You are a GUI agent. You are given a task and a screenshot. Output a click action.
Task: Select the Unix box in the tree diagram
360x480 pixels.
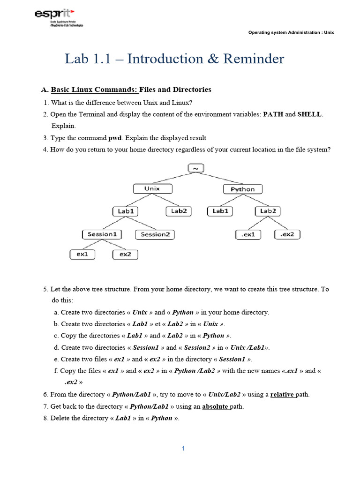(152, 189)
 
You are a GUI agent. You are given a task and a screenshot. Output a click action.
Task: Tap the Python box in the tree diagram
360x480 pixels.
(242, 189)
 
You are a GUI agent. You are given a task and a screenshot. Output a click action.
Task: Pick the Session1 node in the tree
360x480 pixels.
(102, 234)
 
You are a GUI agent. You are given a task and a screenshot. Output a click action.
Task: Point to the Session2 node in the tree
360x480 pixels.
(155, 234)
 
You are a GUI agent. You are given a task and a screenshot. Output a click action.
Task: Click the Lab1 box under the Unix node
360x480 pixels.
(126, 211)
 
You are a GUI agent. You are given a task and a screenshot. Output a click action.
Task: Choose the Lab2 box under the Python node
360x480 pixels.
(268, 211)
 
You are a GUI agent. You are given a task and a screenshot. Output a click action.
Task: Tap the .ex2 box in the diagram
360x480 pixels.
(287, 234)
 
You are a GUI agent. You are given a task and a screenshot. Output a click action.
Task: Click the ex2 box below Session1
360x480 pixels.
(125, 254)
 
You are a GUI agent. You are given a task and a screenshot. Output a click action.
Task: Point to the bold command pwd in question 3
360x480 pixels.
(115, 138)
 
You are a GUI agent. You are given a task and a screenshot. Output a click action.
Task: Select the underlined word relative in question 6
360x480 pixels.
(282, 395)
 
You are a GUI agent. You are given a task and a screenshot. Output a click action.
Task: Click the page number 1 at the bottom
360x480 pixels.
(183, 449)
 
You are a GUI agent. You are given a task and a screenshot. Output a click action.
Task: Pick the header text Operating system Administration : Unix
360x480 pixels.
(291, 33)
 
